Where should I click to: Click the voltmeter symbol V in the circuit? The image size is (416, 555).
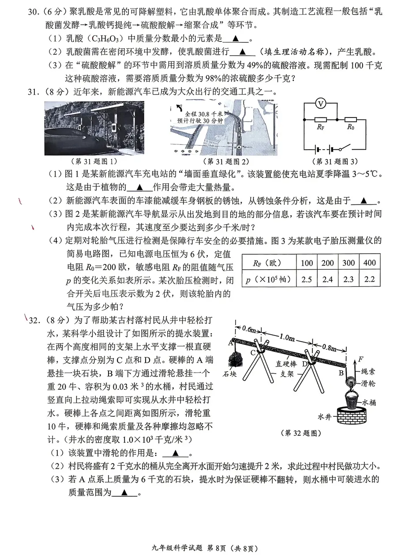click(x=321, y=103)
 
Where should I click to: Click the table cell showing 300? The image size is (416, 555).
click(x=348, y=263)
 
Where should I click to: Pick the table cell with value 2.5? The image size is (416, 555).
click(x=307, y=279)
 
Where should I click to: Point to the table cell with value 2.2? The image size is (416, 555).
click(x=369, y=279)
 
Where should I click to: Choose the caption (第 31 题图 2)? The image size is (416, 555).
click(x=224, y=161)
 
